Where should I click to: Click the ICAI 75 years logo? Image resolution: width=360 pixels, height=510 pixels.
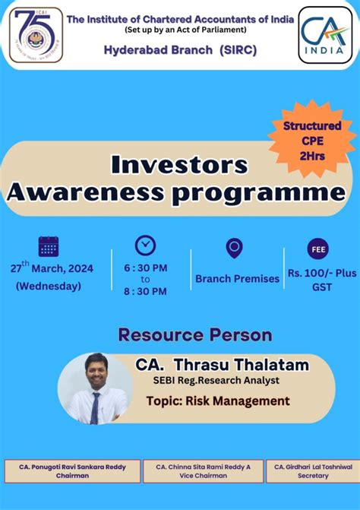point(36,34)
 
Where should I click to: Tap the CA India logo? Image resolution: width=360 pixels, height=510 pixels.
point(325,34)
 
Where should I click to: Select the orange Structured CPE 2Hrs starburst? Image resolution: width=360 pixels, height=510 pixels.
point(312,140)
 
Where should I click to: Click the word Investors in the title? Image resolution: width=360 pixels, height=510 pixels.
point(180,164)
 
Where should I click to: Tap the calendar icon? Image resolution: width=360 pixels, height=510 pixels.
point(49,246)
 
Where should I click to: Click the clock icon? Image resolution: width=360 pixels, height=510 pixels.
point(145,245)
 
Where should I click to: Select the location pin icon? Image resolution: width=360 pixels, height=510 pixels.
point(235,248)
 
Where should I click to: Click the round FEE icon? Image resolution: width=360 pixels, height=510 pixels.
point(317,249)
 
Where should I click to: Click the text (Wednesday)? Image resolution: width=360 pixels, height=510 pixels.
point(48,286)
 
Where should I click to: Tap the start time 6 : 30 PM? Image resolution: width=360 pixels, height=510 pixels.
point(145,268)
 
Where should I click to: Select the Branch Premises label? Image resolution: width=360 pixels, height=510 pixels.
point(237,278)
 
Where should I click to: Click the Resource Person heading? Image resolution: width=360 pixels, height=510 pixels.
point(194,334)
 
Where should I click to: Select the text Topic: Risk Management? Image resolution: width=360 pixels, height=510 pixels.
point(229,401)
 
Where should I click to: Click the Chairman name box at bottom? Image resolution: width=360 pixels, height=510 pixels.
point(72,470)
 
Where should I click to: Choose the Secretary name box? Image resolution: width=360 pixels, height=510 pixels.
point(313,470)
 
